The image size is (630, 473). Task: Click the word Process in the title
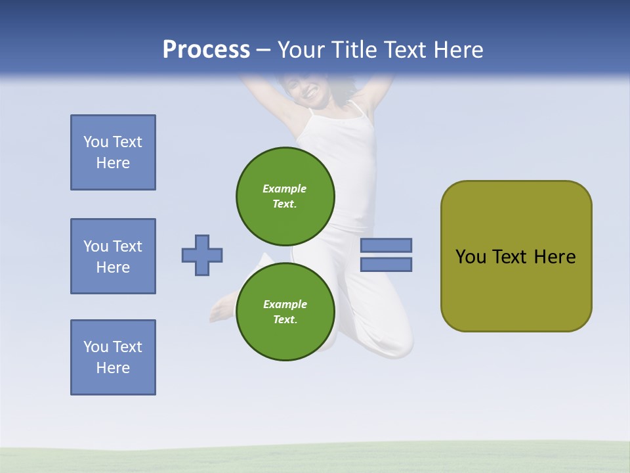pos(206,49)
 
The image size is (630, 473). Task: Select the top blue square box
pos(113,152)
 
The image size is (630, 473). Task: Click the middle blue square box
pos(113,256)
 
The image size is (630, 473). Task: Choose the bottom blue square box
pos(113,357)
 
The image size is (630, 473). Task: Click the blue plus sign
pos(202,255)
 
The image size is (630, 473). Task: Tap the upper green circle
pos(285,196)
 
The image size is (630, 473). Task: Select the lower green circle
pos(285,311)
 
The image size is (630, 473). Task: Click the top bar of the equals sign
pos(386,246)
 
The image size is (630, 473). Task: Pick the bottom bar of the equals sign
pos(386,265)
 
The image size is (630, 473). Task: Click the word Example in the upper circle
pos(285,189)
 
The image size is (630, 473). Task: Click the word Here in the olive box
pos(555,257)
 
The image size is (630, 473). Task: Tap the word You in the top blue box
pos(96,142)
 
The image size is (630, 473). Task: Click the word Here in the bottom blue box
pos(113,368)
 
